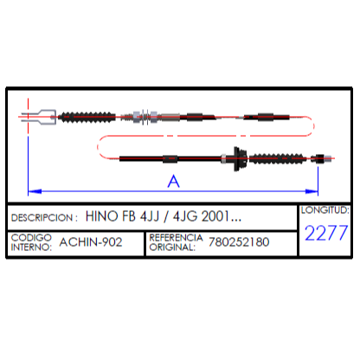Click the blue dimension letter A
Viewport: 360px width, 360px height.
pyautogui.click(x=173, y=181)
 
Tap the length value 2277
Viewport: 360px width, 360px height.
pyautogui.click(x=326, y=233)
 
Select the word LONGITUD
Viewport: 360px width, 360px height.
pyautogui.click(x=325, y=210)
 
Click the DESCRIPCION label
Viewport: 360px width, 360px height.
pyautogui.click(x=42, y=217)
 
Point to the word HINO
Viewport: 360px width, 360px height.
pyautogui.click(x=101, y=216)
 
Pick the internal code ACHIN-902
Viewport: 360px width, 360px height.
pyautogui.click(x=91, y=242)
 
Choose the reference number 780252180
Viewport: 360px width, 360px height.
pyautogui.click(x=239, y=242)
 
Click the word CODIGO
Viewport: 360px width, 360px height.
pyautogui.click(x=31, y=237)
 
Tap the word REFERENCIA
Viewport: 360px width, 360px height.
pyautogui.click(x=176, y=237)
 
